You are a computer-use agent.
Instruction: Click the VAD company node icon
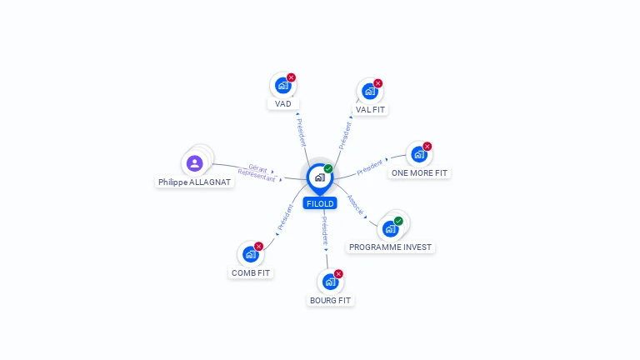coord(282,86)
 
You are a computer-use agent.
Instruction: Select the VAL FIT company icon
coord(370,92)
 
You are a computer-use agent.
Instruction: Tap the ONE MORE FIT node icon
coord(419,155)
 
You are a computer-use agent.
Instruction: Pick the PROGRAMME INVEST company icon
coord(390,229)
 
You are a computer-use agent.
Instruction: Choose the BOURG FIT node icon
coord(330,282)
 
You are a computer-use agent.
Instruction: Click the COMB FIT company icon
coord(251,254)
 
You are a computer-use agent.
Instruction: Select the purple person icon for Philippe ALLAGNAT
coord(195,163)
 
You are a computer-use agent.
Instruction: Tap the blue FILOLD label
coord(320,203)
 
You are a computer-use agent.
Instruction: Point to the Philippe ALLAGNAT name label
coord(195,182)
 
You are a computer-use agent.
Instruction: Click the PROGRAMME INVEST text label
coord(390,247)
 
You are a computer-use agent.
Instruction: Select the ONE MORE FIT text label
coord(419,173)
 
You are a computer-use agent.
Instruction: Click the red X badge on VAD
coord(291,77)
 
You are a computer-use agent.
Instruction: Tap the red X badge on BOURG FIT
coord(338,274)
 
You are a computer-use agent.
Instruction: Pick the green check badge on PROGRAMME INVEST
coord(398,221)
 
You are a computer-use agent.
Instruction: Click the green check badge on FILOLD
coord(328,168)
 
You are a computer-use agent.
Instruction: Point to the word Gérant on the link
coord(258,168)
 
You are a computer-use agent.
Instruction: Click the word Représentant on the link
coord(257,176)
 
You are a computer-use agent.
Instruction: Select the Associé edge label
coord(355,204)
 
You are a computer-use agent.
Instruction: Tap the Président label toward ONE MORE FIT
coord(370,167)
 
